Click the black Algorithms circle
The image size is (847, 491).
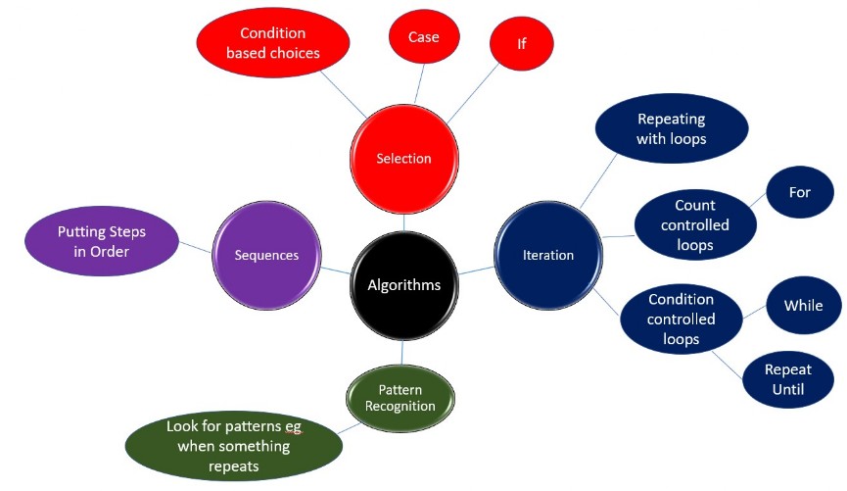403,285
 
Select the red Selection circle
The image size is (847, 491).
403,159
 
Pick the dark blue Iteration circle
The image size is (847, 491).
547,255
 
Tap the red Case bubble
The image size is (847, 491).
424,37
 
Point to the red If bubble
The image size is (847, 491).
521,44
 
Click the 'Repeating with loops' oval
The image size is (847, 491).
671,128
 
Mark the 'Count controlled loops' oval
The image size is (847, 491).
694,225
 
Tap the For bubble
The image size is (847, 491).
800,192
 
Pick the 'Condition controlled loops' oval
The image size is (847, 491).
681,319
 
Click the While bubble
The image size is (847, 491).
803,306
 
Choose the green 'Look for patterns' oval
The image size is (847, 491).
233,447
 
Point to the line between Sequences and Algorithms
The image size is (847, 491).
336,269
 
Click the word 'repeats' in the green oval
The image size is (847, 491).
233,466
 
